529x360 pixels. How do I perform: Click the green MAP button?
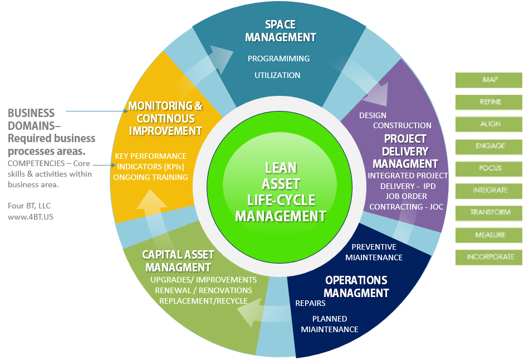(x=489, y=80)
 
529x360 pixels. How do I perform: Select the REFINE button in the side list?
(x=489, y=102)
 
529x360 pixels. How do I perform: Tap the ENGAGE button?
(x=489, y=146)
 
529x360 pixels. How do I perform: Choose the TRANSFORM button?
(x=489, y=212)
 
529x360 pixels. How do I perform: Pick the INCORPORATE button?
(x=489, y=257)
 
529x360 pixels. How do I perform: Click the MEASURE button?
(x=489, y=235)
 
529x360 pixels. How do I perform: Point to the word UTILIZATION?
(x=277, y=75)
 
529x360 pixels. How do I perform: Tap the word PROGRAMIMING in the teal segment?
(x=278, y=59)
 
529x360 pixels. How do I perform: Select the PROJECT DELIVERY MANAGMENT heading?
(x=405, y=151)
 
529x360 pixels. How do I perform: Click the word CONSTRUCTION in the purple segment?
(x=402, y=125)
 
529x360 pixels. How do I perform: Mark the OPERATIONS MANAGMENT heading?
(x=356, y=286)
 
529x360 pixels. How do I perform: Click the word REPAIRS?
(x=310, y=304)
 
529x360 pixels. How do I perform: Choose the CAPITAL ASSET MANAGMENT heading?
(x=178, y=261)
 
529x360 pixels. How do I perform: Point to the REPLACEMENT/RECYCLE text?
(x=203, y=301)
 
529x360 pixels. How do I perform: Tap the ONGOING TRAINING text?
(x=150, y=177)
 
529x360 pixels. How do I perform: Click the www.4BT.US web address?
(x=27, y=217)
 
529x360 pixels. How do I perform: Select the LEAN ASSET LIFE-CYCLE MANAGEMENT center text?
(x=281, y=192)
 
